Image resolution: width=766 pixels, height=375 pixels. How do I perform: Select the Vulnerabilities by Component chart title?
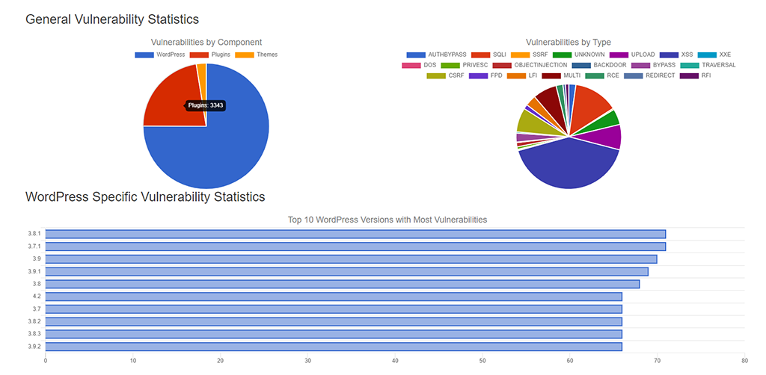pos(206,43)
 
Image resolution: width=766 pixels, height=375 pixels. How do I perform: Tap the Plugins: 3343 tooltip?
pos(206,106)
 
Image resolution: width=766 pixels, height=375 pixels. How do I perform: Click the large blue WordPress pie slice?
pos(217,153)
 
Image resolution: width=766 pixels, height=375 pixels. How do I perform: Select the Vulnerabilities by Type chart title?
pos(569,43)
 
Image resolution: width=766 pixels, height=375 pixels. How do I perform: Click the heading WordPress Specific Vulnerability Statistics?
pos(145,197)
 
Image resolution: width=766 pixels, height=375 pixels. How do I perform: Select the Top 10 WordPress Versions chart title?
pos(387,220)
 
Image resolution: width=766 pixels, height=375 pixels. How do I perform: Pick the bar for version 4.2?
pos(334,297)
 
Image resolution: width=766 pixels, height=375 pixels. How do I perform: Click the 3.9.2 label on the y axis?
pos(34,347)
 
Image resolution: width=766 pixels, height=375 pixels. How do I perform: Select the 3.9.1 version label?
pos(34,272)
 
